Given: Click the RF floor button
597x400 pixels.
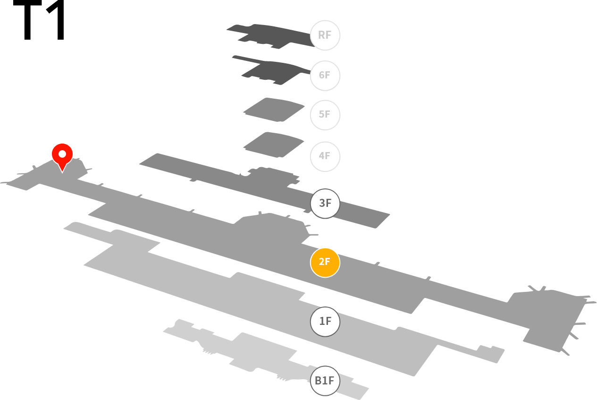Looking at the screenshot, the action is click(325, 35).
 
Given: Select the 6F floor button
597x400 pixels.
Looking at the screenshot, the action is click(325, 76).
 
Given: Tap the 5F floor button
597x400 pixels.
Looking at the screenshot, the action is click(325, 115).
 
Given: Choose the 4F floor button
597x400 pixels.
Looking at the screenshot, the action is click(325, 156).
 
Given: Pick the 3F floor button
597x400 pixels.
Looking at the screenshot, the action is click(325, 204).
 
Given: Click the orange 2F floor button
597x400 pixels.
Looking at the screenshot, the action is click(325, 263).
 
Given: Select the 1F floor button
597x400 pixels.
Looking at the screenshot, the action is click(325, 322).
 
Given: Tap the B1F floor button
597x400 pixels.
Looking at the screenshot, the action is click(325, 381).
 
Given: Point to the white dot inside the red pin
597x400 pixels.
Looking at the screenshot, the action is click(62, 154).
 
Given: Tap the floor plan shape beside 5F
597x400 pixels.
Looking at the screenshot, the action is click(274, 110).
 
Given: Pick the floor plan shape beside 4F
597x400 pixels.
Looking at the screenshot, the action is click(274, 145).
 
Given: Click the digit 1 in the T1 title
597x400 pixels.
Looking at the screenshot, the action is click(57, 20).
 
